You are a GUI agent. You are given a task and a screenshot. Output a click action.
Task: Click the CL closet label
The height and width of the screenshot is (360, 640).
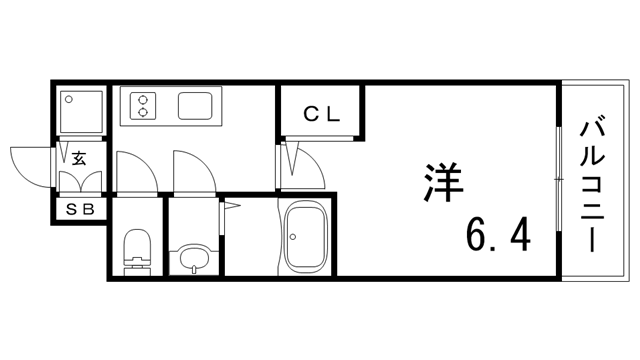pyautogui.click(x=322, y=114)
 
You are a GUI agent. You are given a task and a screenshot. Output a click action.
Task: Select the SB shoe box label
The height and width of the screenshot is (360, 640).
pyautogui.click(x=79, y=210)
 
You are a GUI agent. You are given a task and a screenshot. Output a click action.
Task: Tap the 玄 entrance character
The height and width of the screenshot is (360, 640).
pyautogui.click(x=79, y=156)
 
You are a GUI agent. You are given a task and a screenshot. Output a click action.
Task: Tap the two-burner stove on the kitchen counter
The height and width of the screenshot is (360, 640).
pyautogui.click(x=144, y=105)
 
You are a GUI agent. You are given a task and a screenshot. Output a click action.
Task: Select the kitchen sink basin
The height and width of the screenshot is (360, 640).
pyautogui.click(x=193, y=105)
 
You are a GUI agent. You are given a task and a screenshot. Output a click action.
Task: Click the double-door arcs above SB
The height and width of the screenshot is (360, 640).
pyautogui.click(x=79, y=182)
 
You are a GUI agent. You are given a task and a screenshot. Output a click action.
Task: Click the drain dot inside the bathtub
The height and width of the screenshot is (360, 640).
pyautogui.click(x=292, y=236)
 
